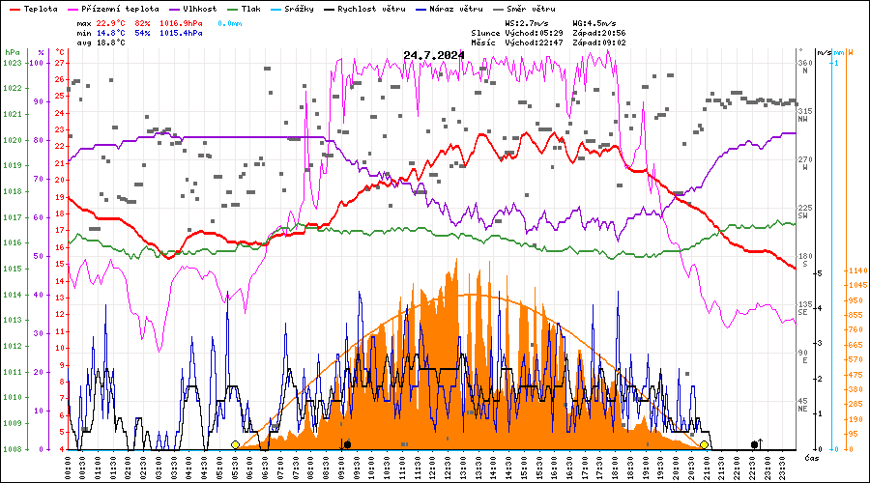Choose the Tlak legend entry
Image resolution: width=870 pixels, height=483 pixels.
click(x=250, y=8)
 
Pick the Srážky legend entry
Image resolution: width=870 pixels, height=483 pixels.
click(x=299, y=8)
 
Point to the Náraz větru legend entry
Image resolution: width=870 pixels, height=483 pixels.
click(x=458, y=8)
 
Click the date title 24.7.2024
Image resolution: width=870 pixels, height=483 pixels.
click(x=434, y=55)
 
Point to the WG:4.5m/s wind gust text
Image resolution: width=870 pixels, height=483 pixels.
click(x=593, y=22)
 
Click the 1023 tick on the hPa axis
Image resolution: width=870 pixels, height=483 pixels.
click(x=12, y=63)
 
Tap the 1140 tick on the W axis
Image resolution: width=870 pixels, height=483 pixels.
click(x=855, y=271)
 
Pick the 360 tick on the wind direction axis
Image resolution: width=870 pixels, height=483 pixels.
click(x=803, y=63)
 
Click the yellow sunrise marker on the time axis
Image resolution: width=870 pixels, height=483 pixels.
click(x=235, y=444)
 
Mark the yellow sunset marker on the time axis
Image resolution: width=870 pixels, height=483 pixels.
click(x=705, y=444)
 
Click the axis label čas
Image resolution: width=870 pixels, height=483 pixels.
click(x=813, y=457)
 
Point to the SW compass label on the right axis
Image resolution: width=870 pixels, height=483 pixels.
click(x=803, y=215)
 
